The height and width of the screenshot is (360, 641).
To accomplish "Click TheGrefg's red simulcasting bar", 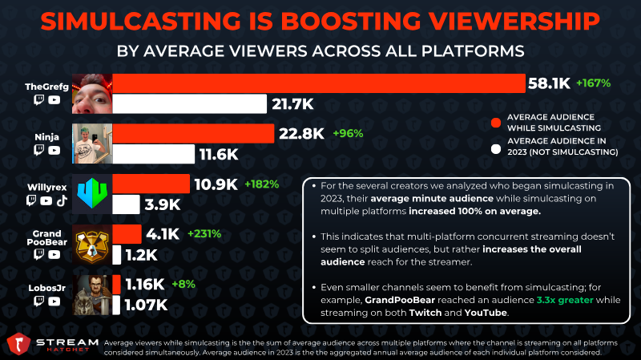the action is tap(319, 83).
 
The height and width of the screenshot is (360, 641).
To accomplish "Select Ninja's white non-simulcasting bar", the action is tap(154, 154).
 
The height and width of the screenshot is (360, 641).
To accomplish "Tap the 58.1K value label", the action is tap(549, 83).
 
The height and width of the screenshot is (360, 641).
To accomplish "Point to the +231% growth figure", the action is tap(204, 233).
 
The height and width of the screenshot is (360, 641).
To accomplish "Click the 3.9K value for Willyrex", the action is tap(163, 204).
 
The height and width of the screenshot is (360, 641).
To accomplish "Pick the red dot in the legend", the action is tap(496, 123).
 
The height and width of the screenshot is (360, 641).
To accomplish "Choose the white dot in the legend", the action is tap(496, 149).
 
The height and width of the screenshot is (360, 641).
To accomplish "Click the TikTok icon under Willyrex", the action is tap(62, 200).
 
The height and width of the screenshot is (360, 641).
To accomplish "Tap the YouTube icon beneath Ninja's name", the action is tap(54, 150).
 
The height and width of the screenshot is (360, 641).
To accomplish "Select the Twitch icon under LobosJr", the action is tap(38, 301).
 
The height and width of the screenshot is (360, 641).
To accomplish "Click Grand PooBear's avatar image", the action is tap(92, 245).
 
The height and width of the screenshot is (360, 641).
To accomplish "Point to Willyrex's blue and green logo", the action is tap(92, 193).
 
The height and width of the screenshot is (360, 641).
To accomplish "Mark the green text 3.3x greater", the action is tap(565, 300).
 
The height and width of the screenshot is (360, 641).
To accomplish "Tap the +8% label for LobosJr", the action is tap(183, 284).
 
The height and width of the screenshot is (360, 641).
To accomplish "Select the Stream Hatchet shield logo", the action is tap(18, 344).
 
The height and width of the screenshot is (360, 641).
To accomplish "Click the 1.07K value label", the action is tap(146, 305).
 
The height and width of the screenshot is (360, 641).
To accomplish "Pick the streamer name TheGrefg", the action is tap(46, 87).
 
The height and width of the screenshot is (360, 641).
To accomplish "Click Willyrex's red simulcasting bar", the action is tap(151, 184).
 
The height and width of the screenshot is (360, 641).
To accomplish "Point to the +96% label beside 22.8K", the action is tap(348, 133).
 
